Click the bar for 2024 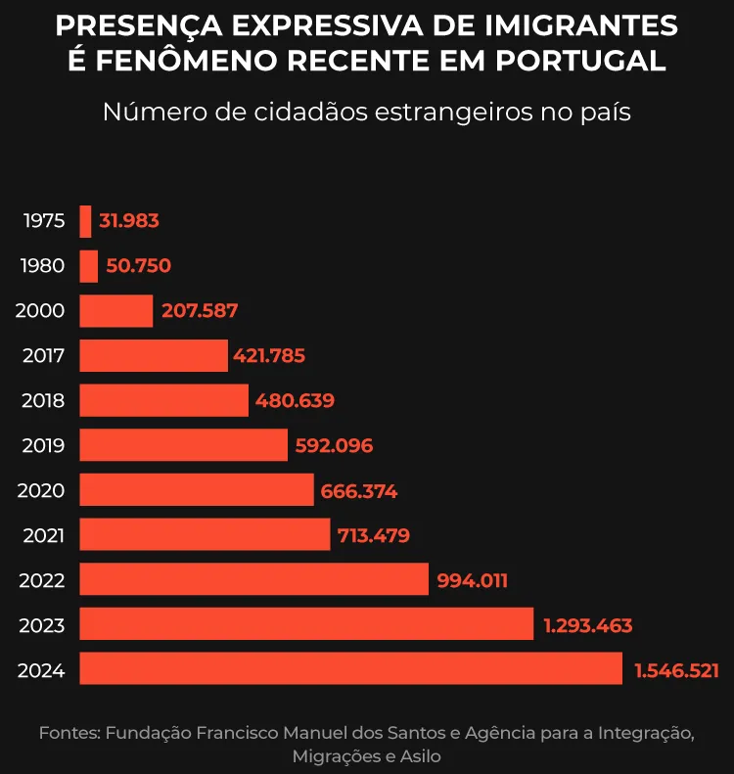pos(350,669)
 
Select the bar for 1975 pos(85,221)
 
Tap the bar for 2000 pos(115,311)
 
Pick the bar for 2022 pos(253,579)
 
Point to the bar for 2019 pos(183,445)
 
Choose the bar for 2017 pos(153,355)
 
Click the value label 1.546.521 pos(676,670)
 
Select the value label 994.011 pos(472,580)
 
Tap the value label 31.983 pos(128,221)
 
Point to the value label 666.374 pos(358,491)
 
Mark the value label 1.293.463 pos(587,625)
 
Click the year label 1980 pos(43,266)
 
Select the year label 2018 pos(43,400)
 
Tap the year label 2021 pos(43,535)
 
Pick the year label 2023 pos(42,625)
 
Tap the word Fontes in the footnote pos(69,733)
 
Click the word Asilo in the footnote pos(420,756)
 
